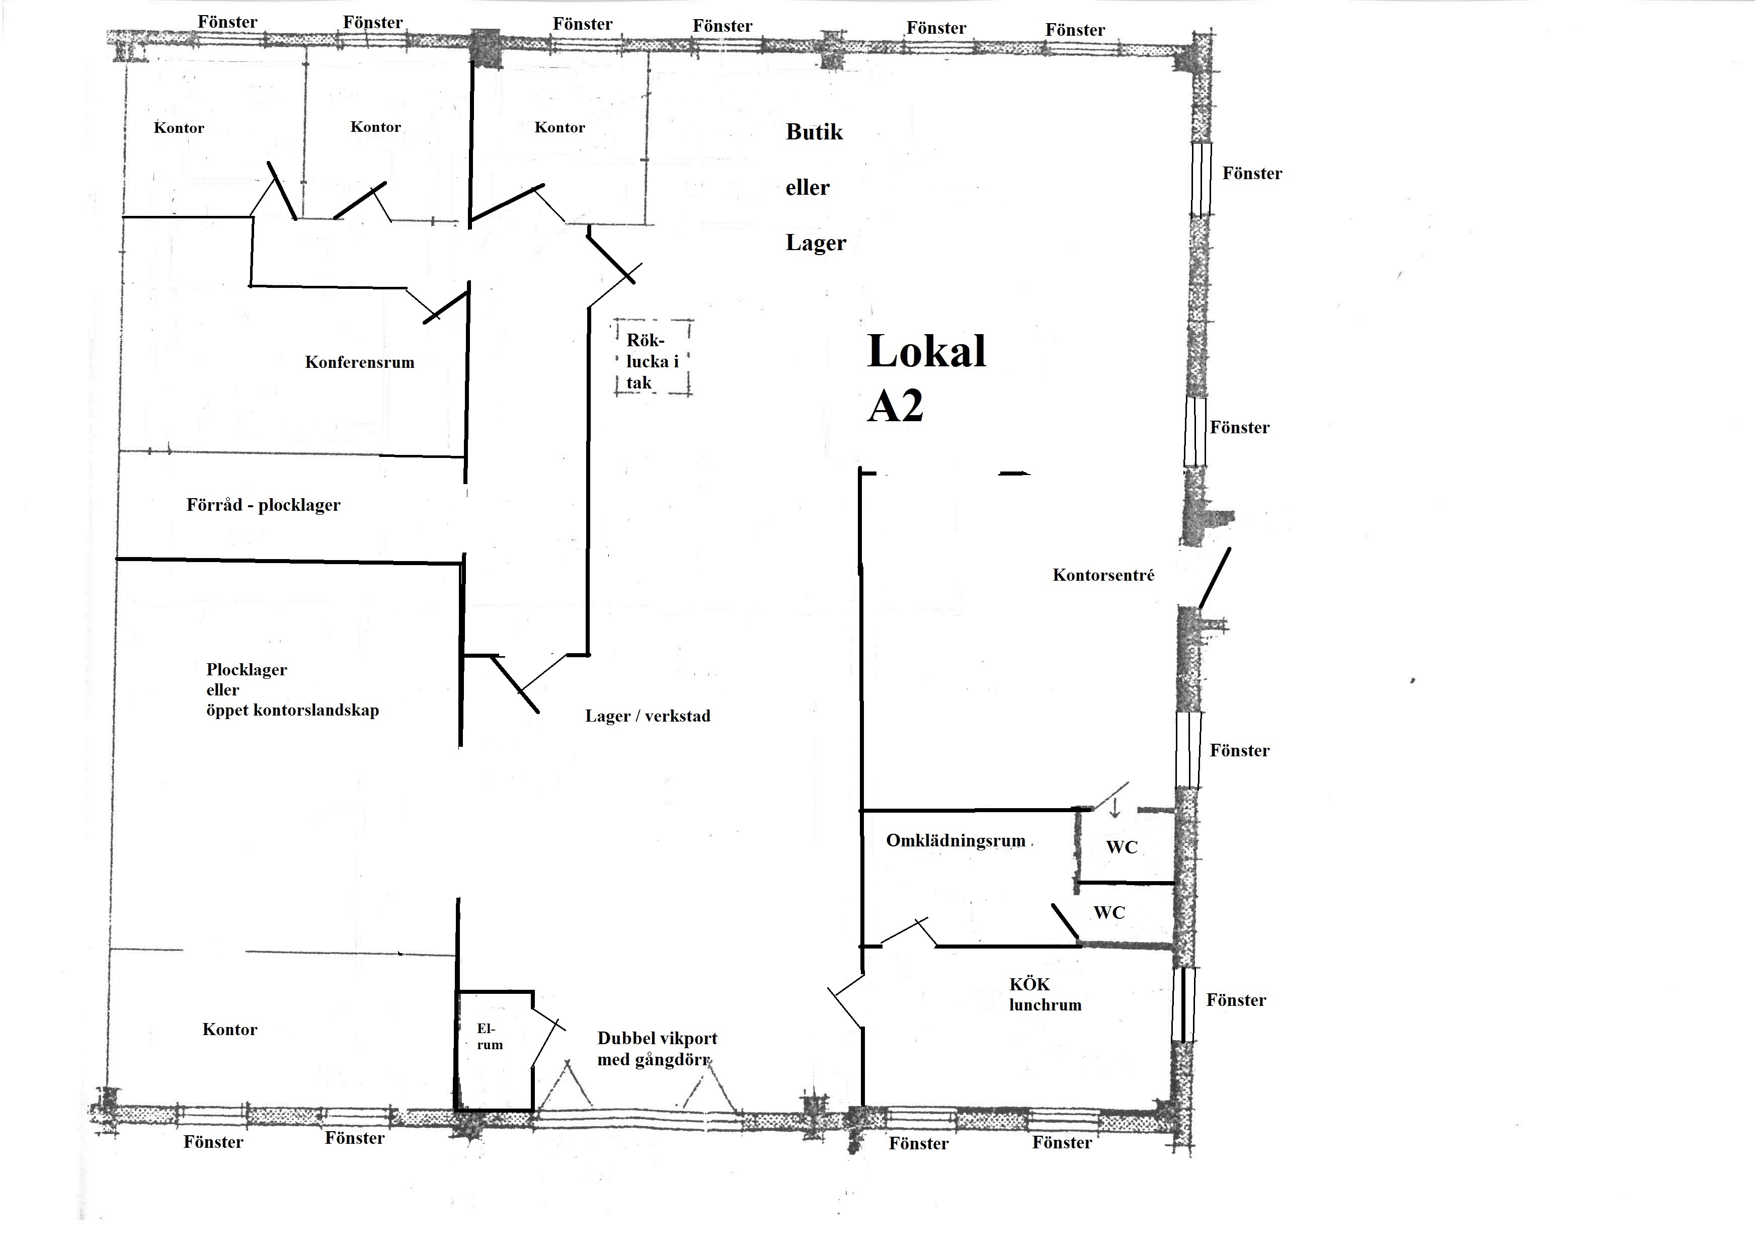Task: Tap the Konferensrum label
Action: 360,362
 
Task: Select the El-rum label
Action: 490,1037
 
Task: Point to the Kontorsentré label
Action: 1103,575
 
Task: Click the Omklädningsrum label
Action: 956,841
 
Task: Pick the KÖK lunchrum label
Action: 1045,995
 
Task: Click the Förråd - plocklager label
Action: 263,505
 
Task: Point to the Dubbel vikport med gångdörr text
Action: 657,1049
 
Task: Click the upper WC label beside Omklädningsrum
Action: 1122,847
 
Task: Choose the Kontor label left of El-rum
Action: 229,1030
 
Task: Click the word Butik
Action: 814,132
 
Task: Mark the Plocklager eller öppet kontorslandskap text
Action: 292,690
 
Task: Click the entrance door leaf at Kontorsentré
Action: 1215,579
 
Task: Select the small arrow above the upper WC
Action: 1115,808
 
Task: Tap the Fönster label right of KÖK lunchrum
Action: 1236,1000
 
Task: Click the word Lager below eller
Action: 816,243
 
